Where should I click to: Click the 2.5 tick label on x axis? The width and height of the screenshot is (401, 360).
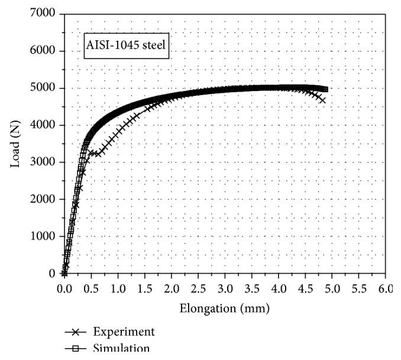click(x=198, y=289)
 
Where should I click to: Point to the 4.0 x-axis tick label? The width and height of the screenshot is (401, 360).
click(x=279, y=289)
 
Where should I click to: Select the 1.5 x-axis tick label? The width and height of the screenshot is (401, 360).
click(x=144, y=289)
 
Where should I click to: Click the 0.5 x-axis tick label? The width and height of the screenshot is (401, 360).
click(x=91, y=289)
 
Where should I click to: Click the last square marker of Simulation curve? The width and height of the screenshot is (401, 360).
click(x=325, y=90)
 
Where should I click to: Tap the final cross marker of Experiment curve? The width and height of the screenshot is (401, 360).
click(x=322, y=100)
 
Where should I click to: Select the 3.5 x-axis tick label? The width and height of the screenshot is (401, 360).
click(x=251, y=289)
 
